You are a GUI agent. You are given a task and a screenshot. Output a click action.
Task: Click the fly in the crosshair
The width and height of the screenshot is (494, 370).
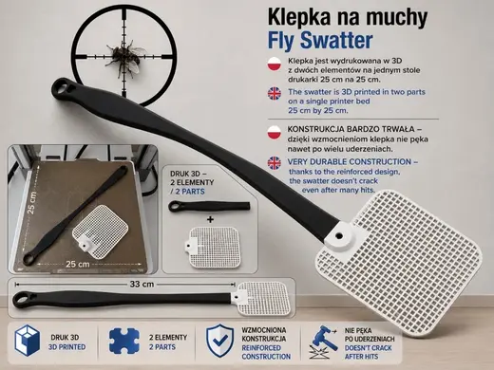tap(124, 57)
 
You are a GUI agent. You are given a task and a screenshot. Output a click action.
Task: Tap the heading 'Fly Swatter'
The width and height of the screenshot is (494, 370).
tap(320, 41)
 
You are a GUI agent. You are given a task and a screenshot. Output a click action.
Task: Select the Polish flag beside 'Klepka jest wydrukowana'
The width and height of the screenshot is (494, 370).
tap(275, 65)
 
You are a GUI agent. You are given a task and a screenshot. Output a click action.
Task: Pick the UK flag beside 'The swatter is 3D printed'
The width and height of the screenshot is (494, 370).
tap(275, 94)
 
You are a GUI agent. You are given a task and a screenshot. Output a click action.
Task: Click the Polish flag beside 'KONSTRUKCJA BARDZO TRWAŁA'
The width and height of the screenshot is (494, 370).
tap(275, 132)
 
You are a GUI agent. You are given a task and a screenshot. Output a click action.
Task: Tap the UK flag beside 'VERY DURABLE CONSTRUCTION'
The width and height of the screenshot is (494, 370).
tap(275, 163)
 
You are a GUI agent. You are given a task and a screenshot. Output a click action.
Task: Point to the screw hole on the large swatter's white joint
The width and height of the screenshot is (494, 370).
tap(339, 235)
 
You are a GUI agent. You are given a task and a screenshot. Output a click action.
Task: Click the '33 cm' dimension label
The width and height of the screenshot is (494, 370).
tap(142, 284)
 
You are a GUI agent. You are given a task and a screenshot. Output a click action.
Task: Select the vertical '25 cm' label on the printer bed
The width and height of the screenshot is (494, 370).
tap(32, 202)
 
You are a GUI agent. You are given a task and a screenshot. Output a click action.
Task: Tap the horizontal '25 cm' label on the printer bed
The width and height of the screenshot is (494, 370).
tap(78, 264)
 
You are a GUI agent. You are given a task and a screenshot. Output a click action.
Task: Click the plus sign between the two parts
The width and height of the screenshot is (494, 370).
tap(210, 219)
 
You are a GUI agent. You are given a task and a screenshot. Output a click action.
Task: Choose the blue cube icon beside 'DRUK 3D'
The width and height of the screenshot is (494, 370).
tap(28, 341)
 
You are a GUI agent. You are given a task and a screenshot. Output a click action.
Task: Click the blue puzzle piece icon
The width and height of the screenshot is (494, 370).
tap(124, 341)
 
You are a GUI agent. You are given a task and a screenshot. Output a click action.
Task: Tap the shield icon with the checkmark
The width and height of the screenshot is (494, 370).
tap(220, 341)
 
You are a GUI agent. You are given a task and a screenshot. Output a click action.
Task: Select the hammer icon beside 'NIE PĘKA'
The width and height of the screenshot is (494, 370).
tap(323, 342)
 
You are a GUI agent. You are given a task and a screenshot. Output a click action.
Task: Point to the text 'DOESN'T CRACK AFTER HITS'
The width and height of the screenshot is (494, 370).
tap(368, 352)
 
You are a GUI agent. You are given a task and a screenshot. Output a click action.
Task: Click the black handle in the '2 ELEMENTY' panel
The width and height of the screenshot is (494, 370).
tap(209, 206)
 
